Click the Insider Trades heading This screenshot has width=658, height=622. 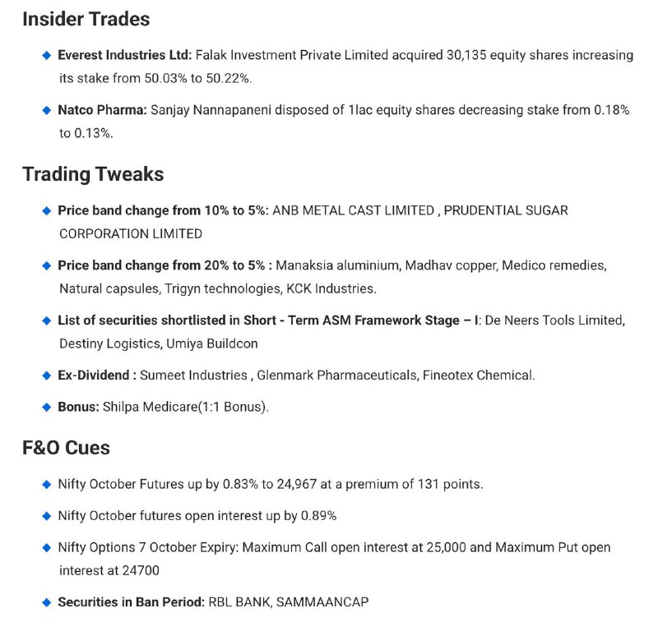86,19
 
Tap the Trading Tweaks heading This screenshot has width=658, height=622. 93,174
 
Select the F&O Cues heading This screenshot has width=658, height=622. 66,448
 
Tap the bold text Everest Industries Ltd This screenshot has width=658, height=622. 124,56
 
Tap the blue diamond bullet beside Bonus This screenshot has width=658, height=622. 47,407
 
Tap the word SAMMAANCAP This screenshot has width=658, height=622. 322,602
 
